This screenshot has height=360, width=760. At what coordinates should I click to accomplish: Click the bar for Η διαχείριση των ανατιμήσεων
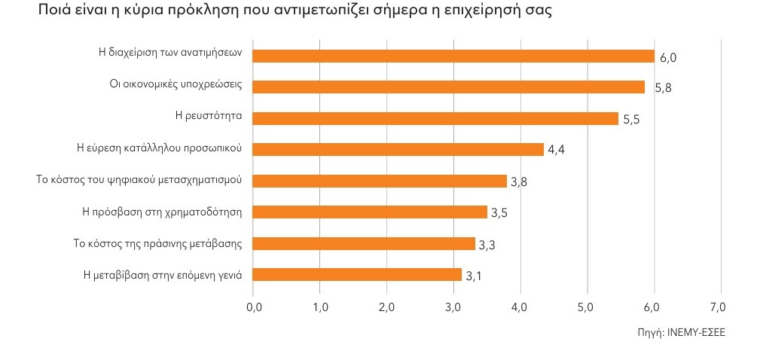pyautogui.click(x=453, y=55)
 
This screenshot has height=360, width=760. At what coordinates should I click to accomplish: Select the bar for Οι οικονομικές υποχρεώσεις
pyautogui.click(x=448, y=87)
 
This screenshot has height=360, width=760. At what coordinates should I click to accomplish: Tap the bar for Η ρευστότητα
pyautogui.click(x=435, y=118)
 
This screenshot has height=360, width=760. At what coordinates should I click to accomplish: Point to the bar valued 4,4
pyautogui.click(x=398, y=149)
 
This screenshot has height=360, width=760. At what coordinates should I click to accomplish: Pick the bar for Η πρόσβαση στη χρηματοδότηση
pyautogui.click(x=370, y=212)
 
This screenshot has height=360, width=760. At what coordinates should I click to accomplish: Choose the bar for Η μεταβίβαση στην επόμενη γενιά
pyautogui.click(x=357, y=274)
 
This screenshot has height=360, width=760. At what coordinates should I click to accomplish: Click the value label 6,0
pyautogui.click(x=668, y=57)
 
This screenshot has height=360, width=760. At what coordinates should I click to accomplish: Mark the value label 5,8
pyautogui.click(x=663, y=88)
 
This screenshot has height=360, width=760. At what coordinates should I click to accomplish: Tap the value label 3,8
pyautogui.click(x=518, y=182)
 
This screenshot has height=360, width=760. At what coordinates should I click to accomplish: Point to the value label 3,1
pyautogui.click(x=473, y=276)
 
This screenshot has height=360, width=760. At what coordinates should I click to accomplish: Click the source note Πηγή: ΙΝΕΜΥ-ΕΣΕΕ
pyautogui.click(x=680, y=331)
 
